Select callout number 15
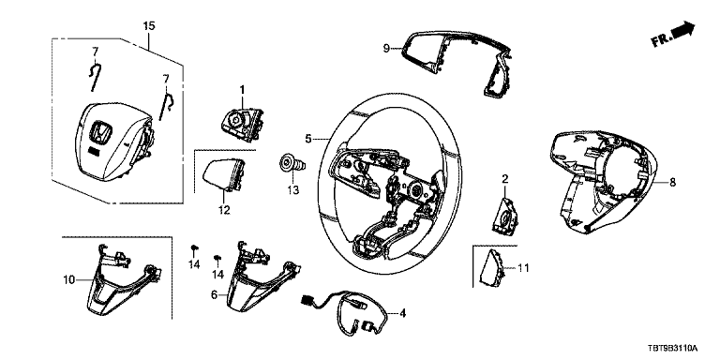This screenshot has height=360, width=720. click(x=149, y=25)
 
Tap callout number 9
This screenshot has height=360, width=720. click(x=386, y=47)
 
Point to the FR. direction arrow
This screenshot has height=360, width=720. click(x=673, y=35)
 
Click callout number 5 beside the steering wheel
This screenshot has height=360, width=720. click(x=308, y=138)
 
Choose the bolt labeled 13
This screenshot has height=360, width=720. click(x=292, y=163)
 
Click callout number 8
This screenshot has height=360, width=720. click(x=673, y=182)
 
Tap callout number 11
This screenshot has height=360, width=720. click(x=523, y=268)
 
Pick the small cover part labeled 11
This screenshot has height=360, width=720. click(x=491, y=268)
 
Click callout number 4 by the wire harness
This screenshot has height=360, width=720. click(x=403, y=314)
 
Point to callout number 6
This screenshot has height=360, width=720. click(x=214, y=294)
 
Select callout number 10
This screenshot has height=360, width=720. click(x=68, y=279)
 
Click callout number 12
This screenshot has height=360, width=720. click(x=224, y=210)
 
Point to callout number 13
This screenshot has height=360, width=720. click(x=292, y=189)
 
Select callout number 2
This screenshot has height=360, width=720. click(x=504, y=179)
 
